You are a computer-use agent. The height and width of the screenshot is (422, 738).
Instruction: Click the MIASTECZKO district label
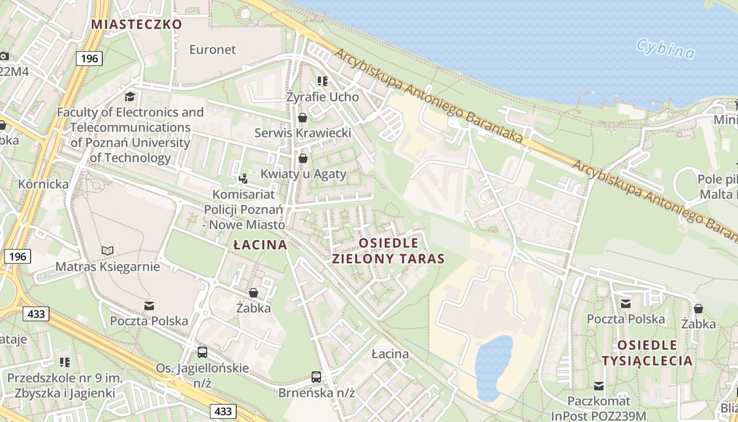click(x=137, y=24)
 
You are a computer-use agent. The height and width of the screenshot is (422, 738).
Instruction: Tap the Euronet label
click(x=212, y=50)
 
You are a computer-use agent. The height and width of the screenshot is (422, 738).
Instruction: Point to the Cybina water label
click(x=665, y=48)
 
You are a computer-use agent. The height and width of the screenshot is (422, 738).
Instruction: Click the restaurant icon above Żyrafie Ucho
click(x=323, y=81)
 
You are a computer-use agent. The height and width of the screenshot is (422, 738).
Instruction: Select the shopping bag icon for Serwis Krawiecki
click(x=303, y=117)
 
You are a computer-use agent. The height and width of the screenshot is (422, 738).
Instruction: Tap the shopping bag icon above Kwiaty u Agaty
click(x=303, y=158)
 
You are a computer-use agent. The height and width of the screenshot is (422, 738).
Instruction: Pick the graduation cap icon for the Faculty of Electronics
click(x=130, y=97)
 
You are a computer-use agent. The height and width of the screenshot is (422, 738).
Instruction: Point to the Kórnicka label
click(x=43, y=184)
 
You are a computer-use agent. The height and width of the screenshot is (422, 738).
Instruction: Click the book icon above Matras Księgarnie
click(x=108, y=251)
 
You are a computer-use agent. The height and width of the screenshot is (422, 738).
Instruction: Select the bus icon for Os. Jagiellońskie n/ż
click(x=202, y=352)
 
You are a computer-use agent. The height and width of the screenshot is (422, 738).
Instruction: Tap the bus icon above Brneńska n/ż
click(x=316, y=377)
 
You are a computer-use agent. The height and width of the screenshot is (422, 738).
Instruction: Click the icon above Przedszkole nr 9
click(x=65, y=362)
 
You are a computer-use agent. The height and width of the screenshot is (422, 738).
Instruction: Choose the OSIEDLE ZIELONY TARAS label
click(x=389, y=251)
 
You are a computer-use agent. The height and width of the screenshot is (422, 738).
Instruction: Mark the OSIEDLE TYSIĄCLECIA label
click(x=647, y=353)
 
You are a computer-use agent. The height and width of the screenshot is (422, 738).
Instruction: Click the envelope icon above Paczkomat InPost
click(x=599, y=386)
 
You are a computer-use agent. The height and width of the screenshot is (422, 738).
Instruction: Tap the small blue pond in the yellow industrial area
click(x=493, y=367)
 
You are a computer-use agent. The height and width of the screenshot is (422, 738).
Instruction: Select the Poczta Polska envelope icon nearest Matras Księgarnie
click(x=149, y=305)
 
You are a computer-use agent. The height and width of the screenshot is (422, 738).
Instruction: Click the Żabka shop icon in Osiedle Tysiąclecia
click(x=698, y=309)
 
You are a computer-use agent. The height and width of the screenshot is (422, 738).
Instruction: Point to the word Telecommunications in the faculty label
click(x=130, y=127)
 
